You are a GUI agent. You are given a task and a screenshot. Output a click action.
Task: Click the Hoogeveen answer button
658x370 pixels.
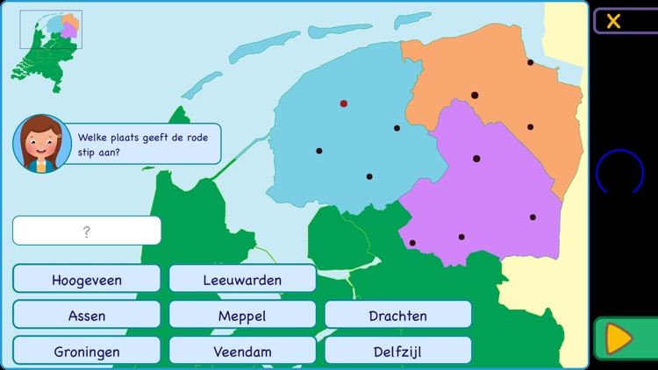[x=87, y=280]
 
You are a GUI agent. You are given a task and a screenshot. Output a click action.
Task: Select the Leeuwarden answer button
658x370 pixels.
[x=242, y=280]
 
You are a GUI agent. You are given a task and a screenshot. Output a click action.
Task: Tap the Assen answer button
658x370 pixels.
[x=87, y=316]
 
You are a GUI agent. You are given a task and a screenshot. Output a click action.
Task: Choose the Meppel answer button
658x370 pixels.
[x=242, y=316]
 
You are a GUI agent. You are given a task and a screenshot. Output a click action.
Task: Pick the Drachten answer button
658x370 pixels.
[x=397, y=316]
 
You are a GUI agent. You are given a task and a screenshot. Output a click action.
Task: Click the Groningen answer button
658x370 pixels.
[x=87, y=352]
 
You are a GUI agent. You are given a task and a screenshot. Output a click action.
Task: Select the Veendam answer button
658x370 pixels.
[x=242, y=352]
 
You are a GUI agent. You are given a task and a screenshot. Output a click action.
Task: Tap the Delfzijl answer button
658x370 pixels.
[x=397, y=352]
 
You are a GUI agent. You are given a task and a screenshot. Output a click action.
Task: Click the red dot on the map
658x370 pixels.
[x=344, y=103]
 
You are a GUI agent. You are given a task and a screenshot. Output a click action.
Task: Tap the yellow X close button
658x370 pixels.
[x=613, y=21]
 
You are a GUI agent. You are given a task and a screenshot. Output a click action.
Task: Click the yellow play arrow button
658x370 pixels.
[x=619, y=338]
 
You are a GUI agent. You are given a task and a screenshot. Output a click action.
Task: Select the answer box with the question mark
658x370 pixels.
[x=87, y=231]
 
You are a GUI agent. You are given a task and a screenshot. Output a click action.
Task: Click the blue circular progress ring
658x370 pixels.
[x=619, y=173]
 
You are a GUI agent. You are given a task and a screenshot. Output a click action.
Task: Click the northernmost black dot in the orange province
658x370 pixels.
[x=530, y=62]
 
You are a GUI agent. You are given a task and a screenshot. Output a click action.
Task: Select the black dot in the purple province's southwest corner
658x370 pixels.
[x=412, y=243]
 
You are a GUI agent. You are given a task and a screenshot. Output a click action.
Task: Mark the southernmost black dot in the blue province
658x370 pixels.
[x=369, y=176]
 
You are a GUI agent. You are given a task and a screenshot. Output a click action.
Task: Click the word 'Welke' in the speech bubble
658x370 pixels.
[x=92, y=137]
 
